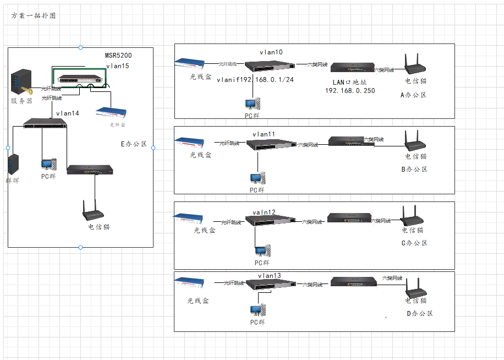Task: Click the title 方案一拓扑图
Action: click(33, 16)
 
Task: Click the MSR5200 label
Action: click(118, 56)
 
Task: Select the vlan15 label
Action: click(117, 66)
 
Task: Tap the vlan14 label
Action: click(68, 113)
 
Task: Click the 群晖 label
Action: click(12, 180)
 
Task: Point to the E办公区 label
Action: click(134, 144)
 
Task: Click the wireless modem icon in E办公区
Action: click(94, 210)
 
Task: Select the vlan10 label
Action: click(271, 52)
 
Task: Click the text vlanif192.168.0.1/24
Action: click(255, 79)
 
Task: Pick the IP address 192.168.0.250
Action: click(350, 90)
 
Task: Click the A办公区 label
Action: click(414, 95)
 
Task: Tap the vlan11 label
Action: click(264, 134)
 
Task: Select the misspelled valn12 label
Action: click(264, 212)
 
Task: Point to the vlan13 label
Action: click(269, 276)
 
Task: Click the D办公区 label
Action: click(420, 314)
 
